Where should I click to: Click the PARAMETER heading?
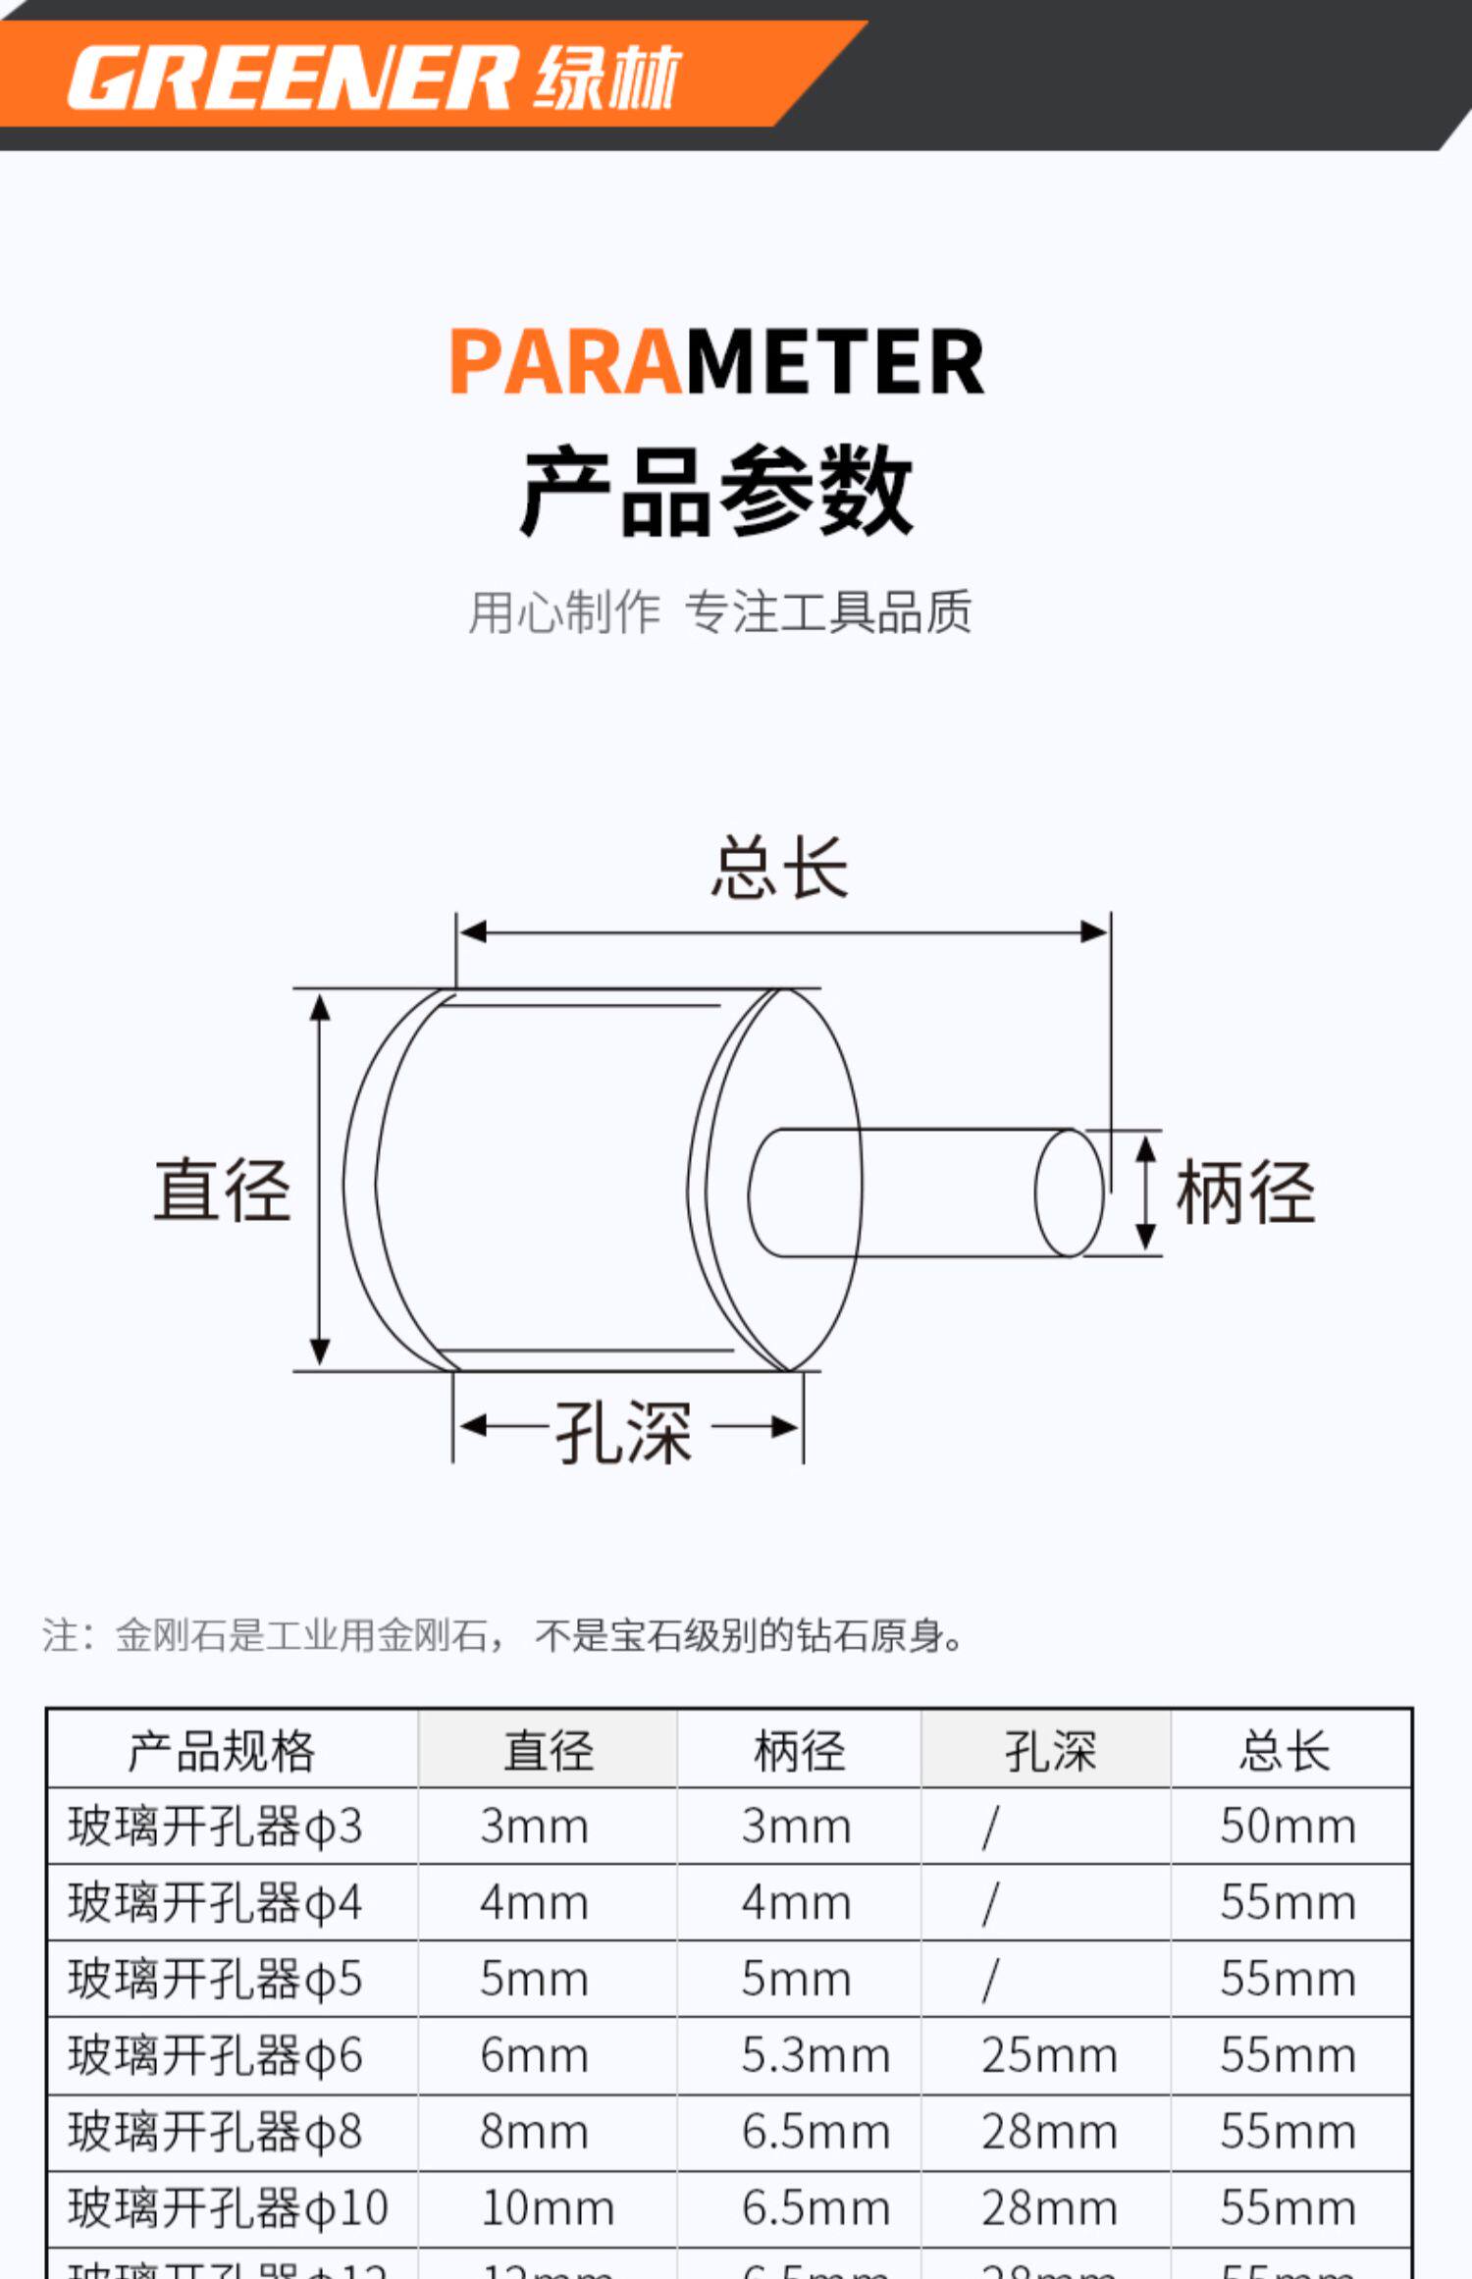point(716,362)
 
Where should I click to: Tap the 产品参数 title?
point(716,490)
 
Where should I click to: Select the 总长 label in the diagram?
point(780,868)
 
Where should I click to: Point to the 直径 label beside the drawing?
point(223,1190)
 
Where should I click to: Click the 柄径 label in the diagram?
point(1245,1192)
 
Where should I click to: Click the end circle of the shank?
point(1069,1192)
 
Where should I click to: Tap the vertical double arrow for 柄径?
point(1144,1192)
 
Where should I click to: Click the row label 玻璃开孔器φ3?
point(216,1828)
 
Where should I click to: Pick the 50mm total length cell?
point(1288,1828)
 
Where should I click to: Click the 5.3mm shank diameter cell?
point(815,2056)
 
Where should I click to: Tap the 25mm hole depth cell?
point(1049,2056)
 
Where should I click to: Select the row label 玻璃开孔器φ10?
point(228,2208)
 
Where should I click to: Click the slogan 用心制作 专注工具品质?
point(719,612)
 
